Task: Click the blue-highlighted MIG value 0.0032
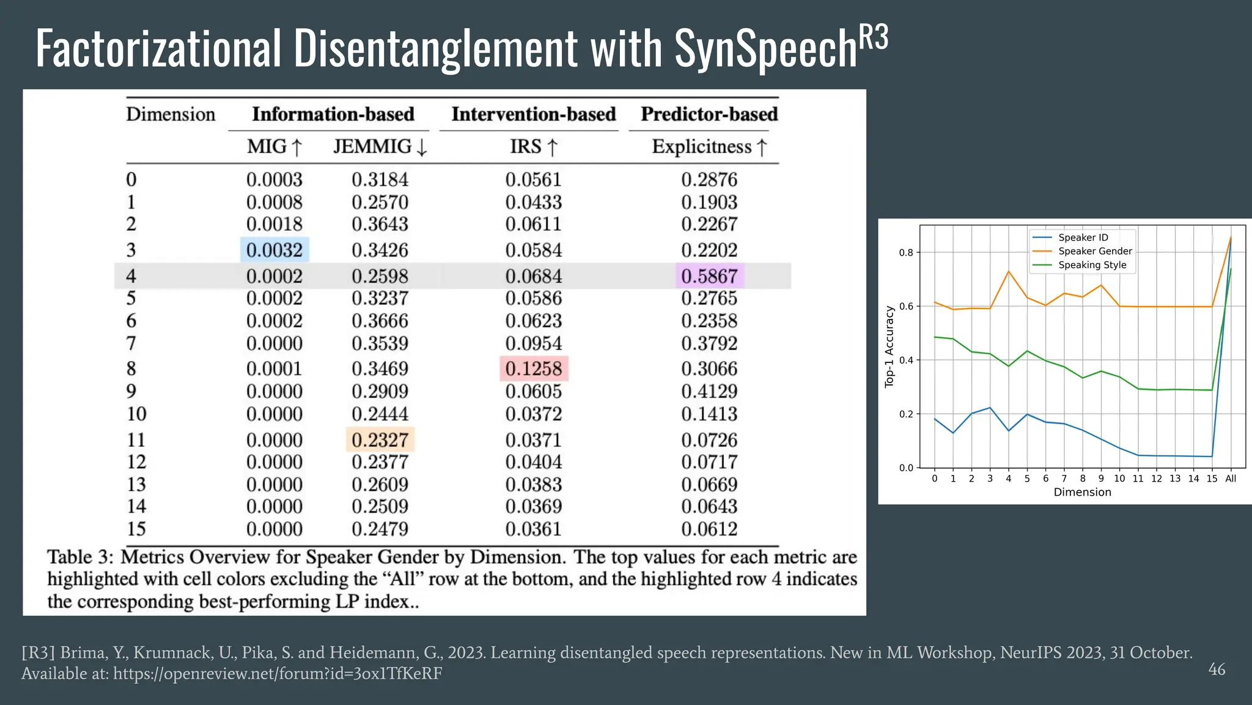pos(274,250)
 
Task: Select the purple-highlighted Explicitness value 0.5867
pos(709,276)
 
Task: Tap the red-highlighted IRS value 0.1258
pos(534,369)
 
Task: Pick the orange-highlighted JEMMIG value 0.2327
pos(380,440)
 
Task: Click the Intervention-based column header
pos(533,114)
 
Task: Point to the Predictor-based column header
pos(709,114)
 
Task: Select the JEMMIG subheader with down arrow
pos(380,147)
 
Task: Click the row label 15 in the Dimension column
pos(136,529)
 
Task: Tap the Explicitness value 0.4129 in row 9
pos(709,391)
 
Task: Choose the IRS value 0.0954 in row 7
pos(534,343)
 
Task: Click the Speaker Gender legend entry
pos(1094,251)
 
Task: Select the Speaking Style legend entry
pos(1092,265)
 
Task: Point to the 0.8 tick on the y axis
pos(905,253)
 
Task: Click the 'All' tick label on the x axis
pos(1231,479)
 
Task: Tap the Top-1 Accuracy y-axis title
pos(889,346)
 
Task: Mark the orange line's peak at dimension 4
pos(1009,271)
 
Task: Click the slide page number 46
pos(1217,670)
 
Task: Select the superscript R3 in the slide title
pos(874,38)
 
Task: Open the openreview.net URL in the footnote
pos(278,674)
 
